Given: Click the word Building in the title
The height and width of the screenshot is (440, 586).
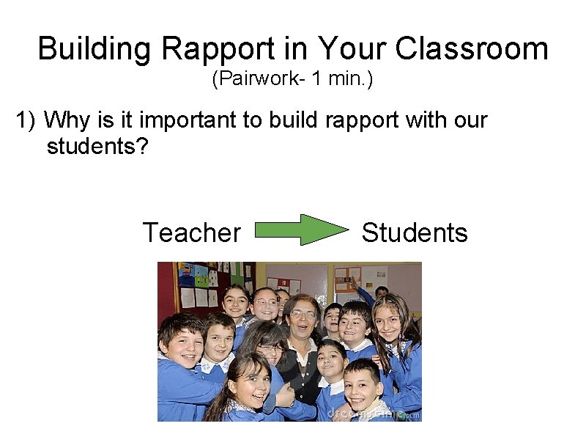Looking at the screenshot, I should (x=94, y=49).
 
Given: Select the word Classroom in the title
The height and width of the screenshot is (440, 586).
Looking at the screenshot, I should (x=471, y=49).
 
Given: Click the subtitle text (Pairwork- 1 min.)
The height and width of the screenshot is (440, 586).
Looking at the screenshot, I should (x=292, y=78).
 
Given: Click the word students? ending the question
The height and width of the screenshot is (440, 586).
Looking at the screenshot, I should (x=97, y=146).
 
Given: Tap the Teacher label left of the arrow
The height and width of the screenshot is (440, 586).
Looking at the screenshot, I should (x=191, y=232).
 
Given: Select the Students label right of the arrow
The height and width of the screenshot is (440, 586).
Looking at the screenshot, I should (x=415, y=232).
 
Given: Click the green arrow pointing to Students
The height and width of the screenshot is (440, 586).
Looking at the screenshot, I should (x=302, y=230).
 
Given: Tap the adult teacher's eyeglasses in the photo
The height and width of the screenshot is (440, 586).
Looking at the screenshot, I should (x=302, y=315).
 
